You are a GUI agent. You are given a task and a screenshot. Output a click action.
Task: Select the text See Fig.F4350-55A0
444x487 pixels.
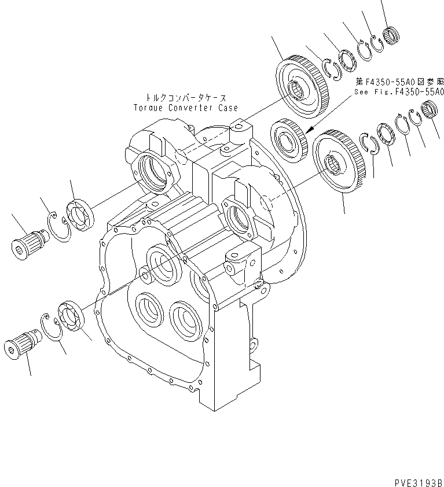(399, 92)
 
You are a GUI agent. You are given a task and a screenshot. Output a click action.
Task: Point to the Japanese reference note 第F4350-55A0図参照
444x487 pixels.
(399, 82)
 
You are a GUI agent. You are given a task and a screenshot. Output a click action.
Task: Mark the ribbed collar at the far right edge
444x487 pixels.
(430, 108)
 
